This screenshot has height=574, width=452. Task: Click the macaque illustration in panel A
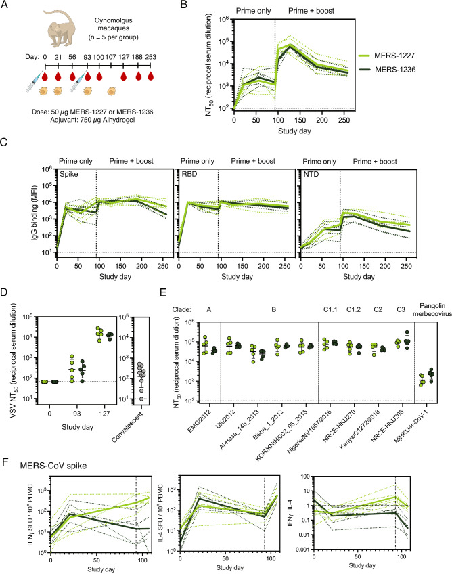[60, 28]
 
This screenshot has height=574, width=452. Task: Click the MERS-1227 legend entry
[386, 56]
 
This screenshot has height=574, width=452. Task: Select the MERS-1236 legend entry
[386, 70]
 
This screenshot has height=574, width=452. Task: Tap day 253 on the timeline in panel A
[150, 57]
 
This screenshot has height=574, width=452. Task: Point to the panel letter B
[184, 4]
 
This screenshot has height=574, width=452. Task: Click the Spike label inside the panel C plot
[69, 174]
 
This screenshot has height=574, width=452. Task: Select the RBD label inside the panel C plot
[189, 174]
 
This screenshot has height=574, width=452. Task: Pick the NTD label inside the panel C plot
[311, 174]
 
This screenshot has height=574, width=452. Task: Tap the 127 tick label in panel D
[104, 414]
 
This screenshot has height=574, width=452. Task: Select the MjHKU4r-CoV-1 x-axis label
[411, 426]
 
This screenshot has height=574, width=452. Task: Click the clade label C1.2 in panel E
[354, 310]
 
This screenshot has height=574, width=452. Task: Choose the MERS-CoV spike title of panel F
[53, 466]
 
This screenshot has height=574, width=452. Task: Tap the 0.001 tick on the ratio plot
[302, 550]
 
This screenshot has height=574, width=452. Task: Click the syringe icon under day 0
[34, 83]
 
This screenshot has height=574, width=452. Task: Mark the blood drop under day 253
[150, 76]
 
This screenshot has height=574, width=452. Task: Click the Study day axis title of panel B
[294, 131]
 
